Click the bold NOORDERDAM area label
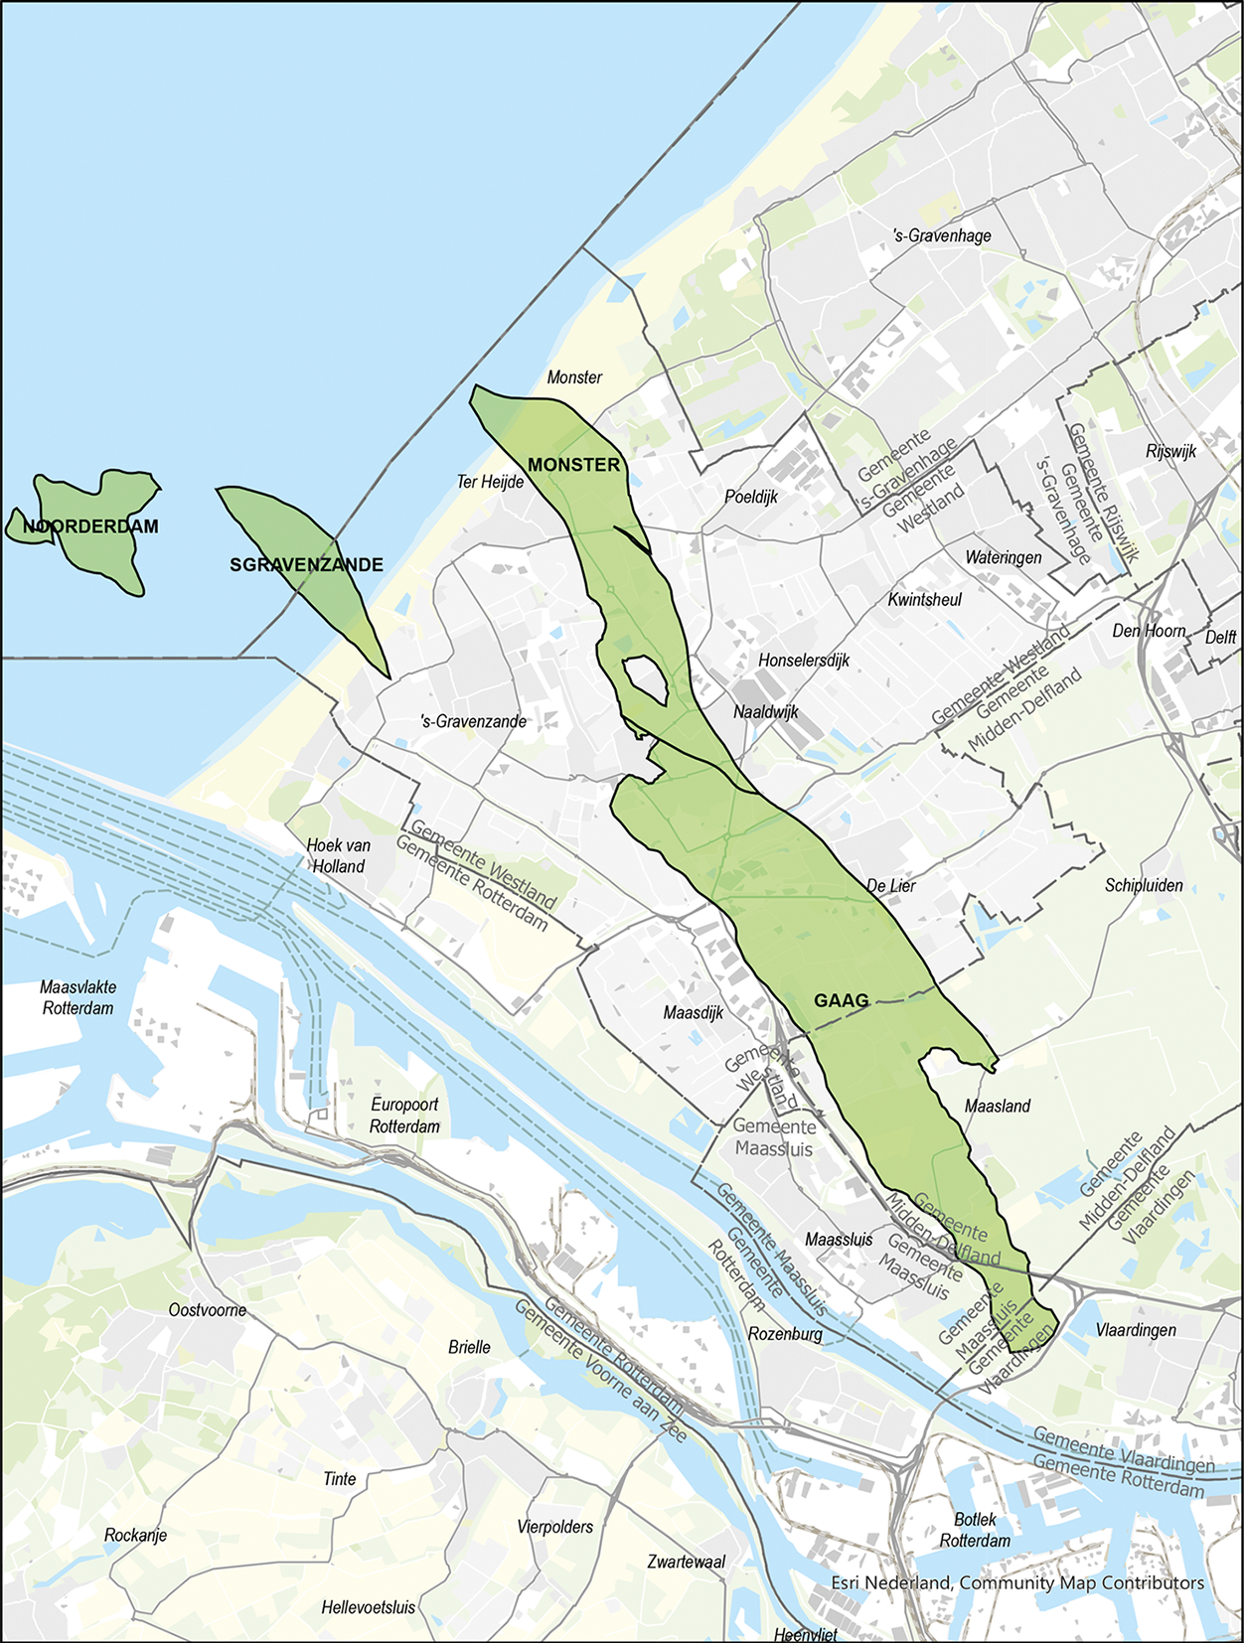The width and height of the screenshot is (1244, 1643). pyautogui.click(x=90, y=526)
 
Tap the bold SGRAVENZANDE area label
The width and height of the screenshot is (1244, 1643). pyautogui.click(x=306, y=565)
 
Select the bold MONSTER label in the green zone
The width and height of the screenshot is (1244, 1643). pyautogui.click(x=573, y=465)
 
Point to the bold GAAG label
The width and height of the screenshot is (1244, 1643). pyautogui.click(x=841, y=1000)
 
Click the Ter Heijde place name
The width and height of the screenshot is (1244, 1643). pyautogui.click(x=490, y=482)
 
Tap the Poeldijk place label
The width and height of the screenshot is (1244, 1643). pyautogui.click(x=751, y=497)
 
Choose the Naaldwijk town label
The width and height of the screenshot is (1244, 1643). pyautogui.click(x=766, y=711)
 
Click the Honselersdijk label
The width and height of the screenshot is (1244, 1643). pyautogui.click(x=804, y=660)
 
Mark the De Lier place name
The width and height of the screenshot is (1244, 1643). pyautogui.click(x=891, y=885)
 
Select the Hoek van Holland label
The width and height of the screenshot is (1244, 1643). pyautogui.click(x=339, y=855)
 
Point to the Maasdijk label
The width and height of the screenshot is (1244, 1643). pyautogui.click(x=694, y=1012)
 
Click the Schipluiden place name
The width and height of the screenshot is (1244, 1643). pyautogui.click(x=1144, y=885)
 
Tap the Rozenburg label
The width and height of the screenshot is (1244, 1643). pyautogui.click(x=785, y=1333)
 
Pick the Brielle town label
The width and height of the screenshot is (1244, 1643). pyautogui.click(x=469, y=1347)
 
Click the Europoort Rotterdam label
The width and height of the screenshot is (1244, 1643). pyautogui.click(x=404, y=1115)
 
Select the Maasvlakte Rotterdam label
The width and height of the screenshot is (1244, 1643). pyautogui.click(x=78, y=997)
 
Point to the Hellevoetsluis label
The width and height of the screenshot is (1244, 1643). pyautogui.click(x=368, y=1606)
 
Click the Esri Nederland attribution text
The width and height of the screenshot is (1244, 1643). pyautogui.click(x=1017, y=1582)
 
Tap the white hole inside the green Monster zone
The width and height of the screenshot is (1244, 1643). pyautogui.click(x=645, y=680)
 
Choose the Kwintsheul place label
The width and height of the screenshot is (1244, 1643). pyautogui.click(x=924, y=599)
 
